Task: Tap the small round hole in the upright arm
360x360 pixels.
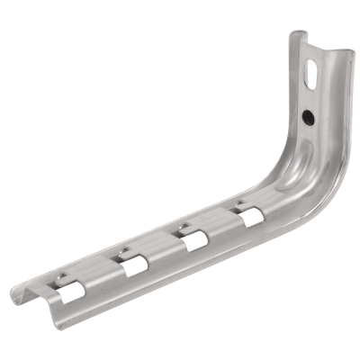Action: pos(307,116)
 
